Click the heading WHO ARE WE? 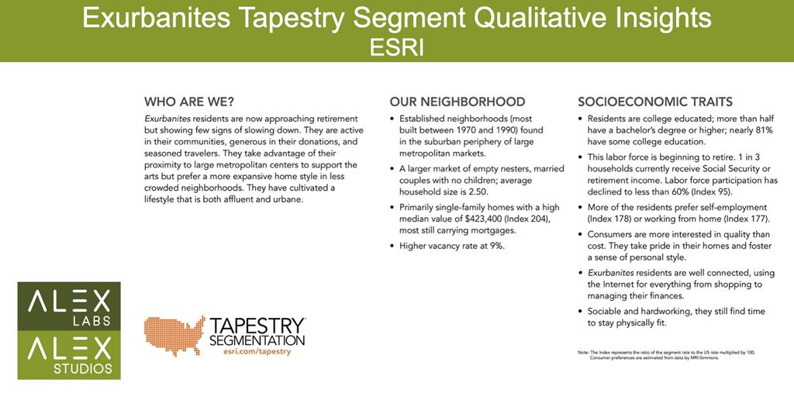coord(189,102)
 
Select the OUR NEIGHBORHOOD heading coord(457,102)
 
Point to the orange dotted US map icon coord(174,335)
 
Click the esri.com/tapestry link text coord(257,351)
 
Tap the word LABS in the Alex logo coord(96,321)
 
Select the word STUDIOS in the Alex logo coord(83,368)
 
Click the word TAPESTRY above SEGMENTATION coord(257,325)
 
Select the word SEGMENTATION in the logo coord(257,340)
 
